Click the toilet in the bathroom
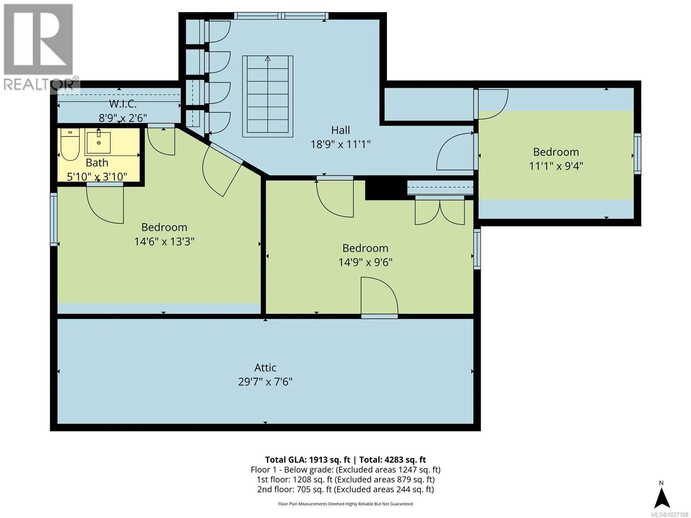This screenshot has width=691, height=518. tap(70, 144)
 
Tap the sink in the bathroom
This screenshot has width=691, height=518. tap(98, 142)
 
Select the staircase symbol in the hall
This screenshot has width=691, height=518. tap(268, 96)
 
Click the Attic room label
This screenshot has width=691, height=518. tap(265, 367)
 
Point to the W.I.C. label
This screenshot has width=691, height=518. tap(123, 104)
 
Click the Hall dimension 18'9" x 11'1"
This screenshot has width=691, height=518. tap(341, 144)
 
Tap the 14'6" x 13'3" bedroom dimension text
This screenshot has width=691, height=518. tap(165, 242)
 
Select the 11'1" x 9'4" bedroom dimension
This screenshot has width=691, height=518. tap(556, 166)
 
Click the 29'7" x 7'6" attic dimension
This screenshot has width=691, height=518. tap(265, 382)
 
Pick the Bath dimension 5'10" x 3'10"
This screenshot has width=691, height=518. tap(97, 177)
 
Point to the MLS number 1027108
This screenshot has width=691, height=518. tap(669, 514)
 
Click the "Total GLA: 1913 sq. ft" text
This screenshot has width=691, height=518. tap(307, 460)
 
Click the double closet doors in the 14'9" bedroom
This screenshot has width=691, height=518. tap(440, 210)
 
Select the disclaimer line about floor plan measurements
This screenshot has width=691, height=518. tap(345, 504)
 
